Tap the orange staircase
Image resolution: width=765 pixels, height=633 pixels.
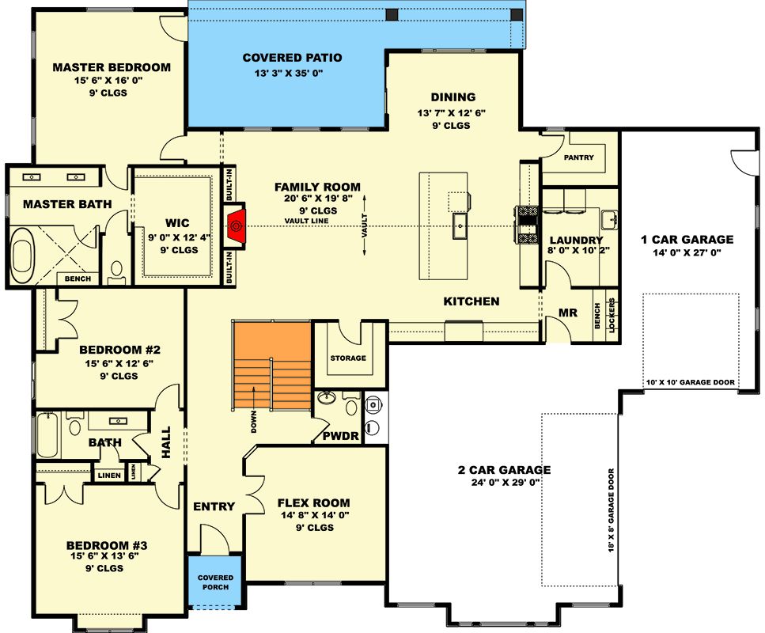[x=272, y=365]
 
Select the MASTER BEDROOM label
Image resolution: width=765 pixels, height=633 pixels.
[x=112, y=67]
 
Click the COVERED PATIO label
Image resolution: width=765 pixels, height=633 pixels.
[x=292, y=58]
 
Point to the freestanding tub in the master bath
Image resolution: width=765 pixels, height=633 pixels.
[x=22, y=256]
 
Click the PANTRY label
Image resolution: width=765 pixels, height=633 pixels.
[x=578, y=157]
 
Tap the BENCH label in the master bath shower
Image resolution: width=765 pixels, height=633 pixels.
[x=78, y=279]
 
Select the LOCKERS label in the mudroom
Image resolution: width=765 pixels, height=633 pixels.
[x=612, y=315]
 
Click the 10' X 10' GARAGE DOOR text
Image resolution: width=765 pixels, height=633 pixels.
[x=691, y=382]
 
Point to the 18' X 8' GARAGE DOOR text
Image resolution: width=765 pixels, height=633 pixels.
[x=611, y=510]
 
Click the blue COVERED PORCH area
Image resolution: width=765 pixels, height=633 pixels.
[x=215, y=582]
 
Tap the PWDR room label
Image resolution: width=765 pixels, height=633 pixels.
[x=340, y=436]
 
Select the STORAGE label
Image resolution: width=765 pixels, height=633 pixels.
[x=348, y=358]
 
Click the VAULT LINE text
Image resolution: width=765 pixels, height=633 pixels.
[x=306, y=221]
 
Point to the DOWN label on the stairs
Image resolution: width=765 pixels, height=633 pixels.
[x=254, y=421]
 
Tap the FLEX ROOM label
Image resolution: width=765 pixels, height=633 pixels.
[x=314, y=502]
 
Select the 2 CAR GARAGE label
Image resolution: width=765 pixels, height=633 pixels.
[x=505, y=470]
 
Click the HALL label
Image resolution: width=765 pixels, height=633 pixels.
[x=166, y=442]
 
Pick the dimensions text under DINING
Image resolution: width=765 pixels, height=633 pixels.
[x=451, y=113]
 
